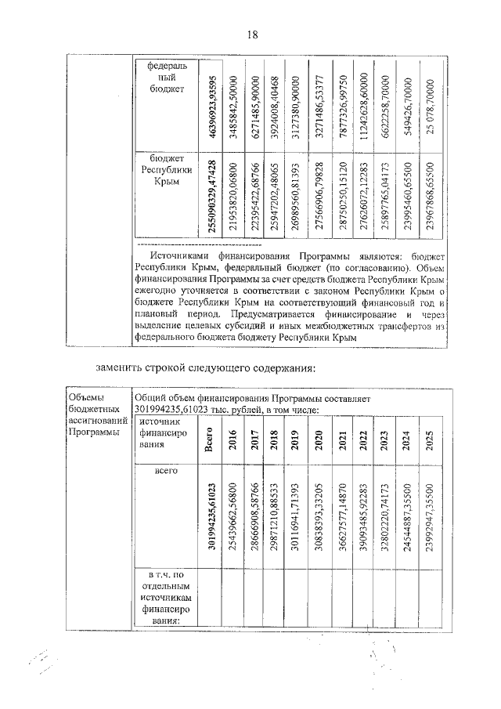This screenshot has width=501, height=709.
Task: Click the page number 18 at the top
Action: (x=252, y=34)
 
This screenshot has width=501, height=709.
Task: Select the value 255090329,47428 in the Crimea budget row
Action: (x=212, y=195)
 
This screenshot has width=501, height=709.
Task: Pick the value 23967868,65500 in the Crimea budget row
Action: (x=427, y=195)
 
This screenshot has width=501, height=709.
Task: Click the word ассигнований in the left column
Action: (x=97, y=421)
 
